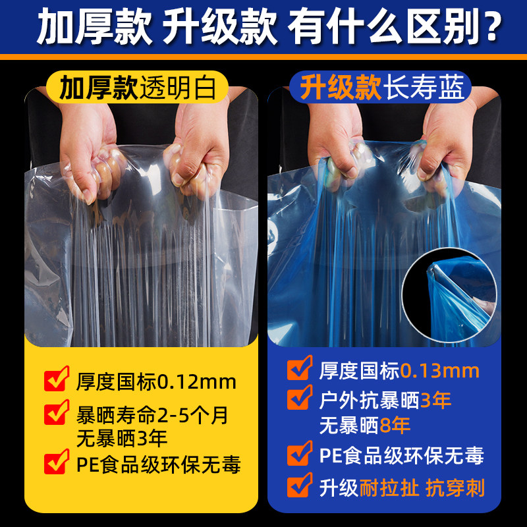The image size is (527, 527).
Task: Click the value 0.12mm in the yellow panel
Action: point(194,381)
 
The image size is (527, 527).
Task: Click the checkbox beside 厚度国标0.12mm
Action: point(55,380)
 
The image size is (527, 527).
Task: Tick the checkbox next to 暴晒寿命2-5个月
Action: point(55,414)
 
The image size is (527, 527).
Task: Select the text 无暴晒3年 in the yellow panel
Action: point(122,437)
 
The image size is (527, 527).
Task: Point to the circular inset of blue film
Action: point(450,294)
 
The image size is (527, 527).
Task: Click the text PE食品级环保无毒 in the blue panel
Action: point(401,455)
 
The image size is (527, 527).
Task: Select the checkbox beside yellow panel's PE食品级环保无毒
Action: point(55,463)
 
